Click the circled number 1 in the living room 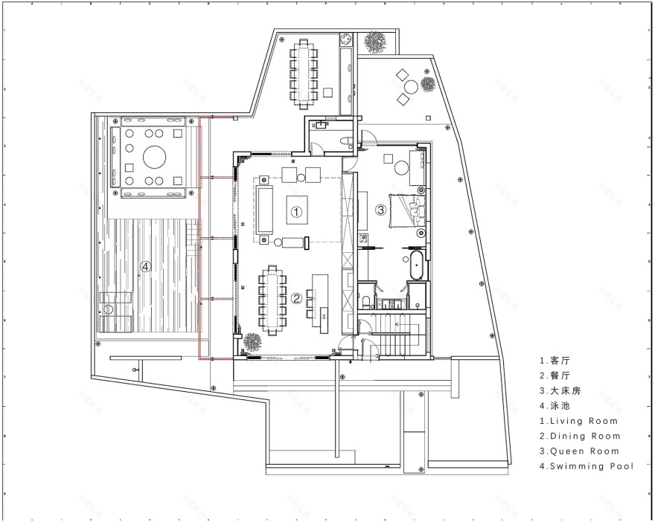pyautogui.click(x=296, y=212)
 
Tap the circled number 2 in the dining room pyautogui.click(x=296, y=299)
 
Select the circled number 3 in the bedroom pyautogui.click(x=380, y=210)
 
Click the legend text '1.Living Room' pyautogui.click(x=578, y=421)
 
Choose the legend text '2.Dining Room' pyautogui.click(x=580, y=436)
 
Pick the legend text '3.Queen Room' pyautogui.click(x=577, y=451)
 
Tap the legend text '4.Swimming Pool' pyautogui.click(x=587, y=467)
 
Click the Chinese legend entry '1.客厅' pyautogui.click(x=556, y=359)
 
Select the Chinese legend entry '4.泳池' pyautogui.click(x=556, y=405)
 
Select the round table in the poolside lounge pyautogui.click(x=155, y=157)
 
